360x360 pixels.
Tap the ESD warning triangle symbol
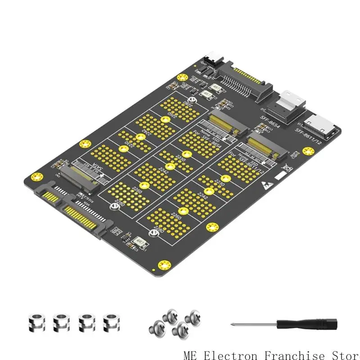click(x=265, y=184)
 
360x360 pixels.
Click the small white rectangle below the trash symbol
click(x=280, y=176)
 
